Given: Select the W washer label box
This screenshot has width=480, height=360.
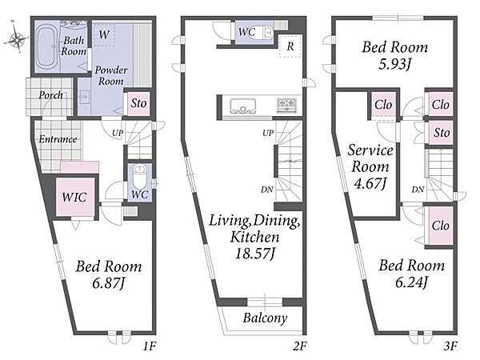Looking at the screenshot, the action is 104,34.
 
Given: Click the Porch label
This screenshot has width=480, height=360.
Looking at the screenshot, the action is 51,95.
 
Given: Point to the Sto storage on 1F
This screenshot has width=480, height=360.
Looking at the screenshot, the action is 138,103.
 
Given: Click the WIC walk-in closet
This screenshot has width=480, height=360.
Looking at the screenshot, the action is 75,197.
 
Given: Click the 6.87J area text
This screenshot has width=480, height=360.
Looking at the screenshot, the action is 109,283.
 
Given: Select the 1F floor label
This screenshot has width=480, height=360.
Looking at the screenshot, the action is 150,346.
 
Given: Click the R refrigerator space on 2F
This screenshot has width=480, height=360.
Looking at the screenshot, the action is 290,46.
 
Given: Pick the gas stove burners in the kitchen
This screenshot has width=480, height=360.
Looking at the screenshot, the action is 286,104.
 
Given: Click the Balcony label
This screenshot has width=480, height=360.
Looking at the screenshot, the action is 265,318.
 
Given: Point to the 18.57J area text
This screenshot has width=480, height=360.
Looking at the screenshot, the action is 254,254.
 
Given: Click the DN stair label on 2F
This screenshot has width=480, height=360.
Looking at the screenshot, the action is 267,190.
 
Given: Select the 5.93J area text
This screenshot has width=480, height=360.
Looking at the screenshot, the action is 395,64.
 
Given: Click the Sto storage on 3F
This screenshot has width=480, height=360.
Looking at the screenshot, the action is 441,133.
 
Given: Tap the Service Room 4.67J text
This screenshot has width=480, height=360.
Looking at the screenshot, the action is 370,167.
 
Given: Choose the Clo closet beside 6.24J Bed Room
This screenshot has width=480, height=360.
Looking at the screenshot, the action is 441,226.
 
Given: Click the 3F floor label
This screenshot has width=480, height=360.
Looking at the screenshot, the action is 450,346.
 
